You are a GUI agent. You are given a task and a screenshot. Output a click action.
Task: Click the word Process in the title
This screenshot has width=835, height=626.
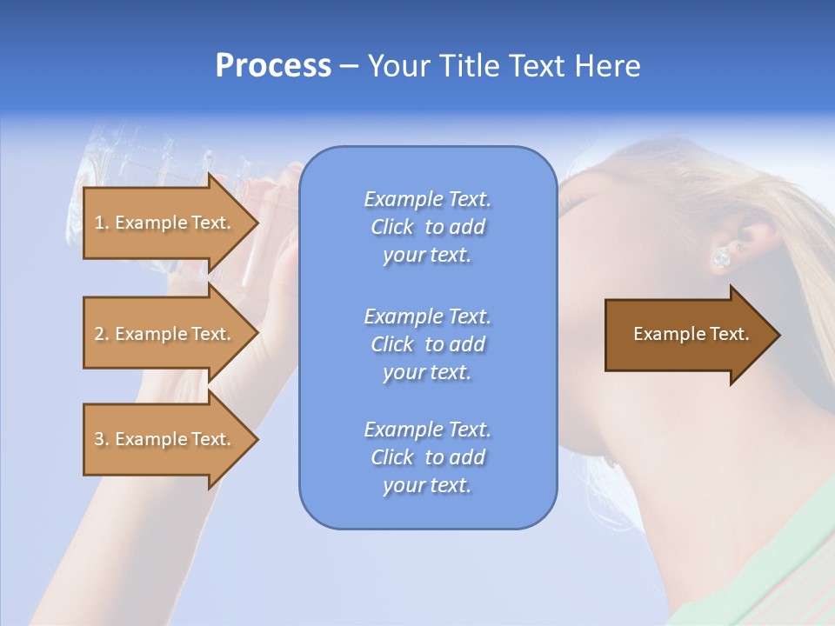click(273, 66)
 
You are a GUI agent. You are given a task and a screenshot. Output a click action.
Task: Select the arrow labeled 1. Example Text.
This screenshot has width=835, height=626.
click(165, 223)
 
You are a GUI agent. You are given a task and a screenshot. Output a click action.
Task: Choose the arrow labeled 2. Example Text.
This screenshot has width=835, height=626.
click(165, 334)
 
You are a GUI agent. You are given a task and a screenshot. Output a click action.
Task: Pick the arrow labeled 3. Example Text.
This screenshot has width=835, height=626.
click(165, 439)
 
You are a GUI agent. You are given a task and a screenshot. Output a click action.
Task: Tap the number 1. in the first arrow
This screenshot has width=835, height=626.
click(101, 223)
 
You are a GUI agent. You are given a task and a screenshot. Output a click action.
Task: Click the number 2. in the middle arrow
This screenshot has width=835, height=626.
click(101, 334)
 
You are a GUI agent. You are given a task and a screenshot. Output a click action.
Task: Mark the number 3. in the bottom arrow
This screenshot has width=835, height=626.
click(101, 439)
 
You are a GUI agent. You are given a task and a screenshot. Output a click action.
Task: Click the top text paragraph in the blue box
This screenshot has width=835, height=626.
click(427, 227)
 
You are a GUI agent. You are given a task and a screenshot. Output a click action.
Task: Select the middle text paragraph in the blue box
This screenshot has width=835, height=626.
click(427, 344)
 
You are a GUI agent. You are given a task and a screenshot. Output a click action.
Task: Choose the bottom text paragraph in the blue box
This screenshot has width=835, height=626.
click(427, 457)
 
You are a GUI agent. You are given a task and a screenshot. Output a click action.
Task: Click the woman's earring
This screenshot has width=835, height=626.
click(721, 256)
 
